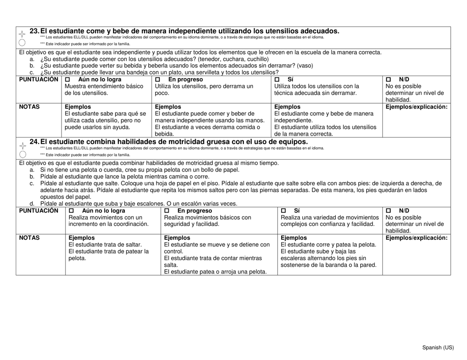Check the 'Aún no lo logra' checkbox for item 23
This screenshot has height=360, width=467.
pyautogui.click(x=68, y=80)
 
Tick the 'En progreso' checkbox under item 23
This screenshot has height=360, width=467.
pyautogui.click(x=158, y=80)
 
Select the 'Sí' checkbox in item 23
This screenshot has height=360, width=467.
pyautogui.click(x=277, y=80)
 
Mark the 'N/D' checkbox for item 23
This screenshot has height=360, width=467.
pyautogui.click(x=389, y=80)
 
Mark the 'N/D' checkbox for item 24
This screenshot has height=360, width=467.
pyautogui.click(x=389, y=211)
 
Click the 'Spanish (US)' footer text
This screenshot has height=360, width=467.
pyautogui.click(x=439, y=348)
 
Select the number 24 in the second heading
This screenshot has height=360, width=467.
pyautogui.click(x=34, y=142)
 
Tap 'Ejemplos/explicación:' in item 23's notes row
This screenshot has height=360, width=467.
pyautogui.click(x=417, y=107)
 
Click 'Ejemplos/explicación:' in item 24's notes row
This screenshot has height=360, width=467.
pyautogui.click(x=417, y=238)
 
